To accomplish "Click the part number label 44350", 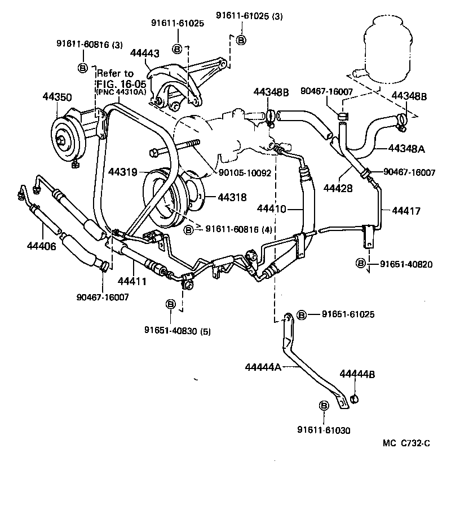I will pyautogui.click(x=56, y=97).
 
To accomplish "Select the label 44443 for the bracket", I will pyautogui.click(x=144, y=54).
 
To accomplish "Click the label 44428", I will pyautogui.click(x=338, y=189).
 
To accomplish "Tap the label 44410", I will pyautogui.click(x=272, y=209).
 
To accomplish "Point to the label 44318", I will pyautogui.click(x=232, y=197).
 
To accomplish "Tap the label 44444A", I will pyautogui.click(x=263, y=367).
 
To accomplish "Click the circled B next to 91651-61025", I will pyautogui.click(x=301, y=314).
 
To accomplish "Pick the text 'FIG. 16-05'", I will pyautogui.click(x=114, y=83).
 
